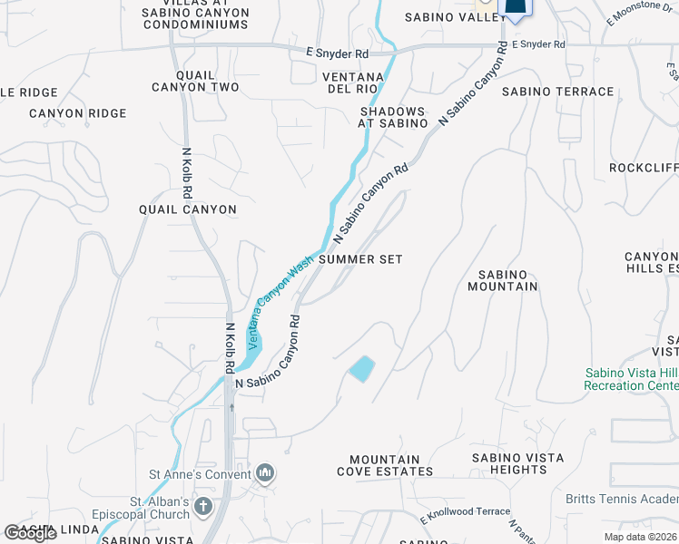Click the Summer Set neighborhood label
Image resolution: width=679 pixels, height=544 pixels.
coord(360,259)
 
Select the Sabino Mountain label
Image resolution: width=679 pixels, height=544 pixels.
coord(503,280)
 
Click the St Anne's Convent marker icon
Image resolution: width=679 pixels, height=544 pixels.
coord(265,472)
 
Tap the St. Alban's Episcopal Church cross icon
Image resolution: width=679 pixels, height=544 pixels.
coord(203,506)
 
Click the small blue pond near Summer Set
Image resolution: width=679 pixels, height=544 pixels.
coord(361,368)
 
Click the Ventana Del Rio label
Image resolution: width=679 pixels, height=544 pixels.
coord(361,83)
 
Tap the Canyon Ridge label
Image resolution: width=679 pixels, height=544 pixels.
coord(77,113)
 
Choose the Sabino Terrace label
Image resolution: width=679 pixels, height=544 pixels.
coord(557,92)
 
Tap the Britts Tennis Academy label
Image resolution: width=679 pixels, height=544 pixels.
coord(622,498)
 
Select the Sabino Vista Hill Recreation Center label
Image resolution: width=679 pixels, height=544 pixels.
coord(631,379)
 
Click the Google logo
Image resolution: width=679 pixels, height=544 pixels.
coord(30,533)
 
